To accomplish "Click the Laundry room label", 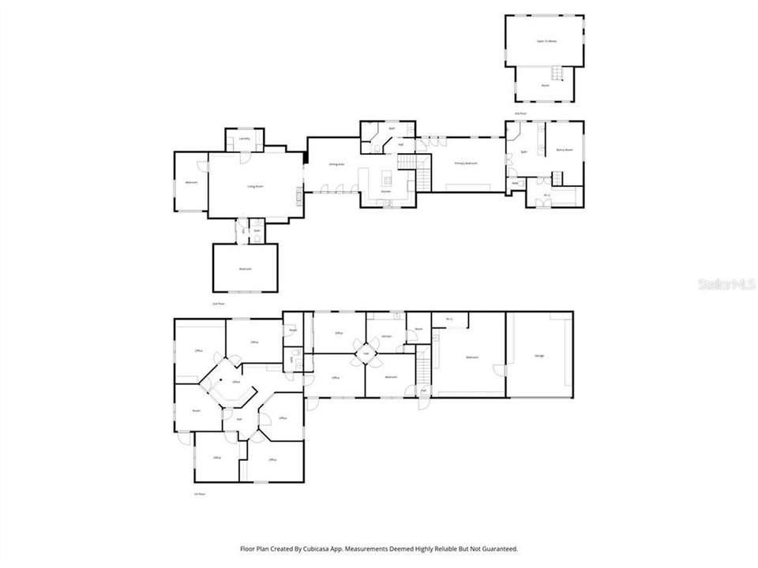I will click(x=244, y=139).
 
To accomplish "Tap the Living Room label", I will click(x=255, y=186).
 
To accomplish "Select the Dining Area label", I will click(x=336, y=164).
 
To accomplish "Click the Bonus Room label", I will click(x=564, y=150).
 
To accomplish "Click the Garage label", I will click(x=539, y=357).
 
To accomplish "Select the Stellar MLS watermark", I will click(x=726, y=283).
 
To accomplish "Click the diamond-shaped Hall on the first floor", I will click(x=366, y=353).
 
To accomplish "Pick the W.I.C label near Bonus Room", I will click(x=547, y=195).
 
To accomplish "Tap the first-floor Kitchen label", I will click(x=387, y=336).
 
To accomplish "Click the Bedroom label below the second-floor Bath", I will click(x=245, y=269).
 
